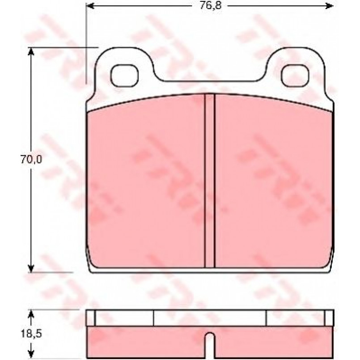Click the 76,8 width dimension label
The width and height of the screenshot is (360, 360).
(210, 5)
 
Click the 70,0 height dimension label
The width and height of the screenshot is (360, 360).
(31, 160)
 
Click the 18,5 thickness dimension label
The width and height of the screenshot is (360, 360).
(31, 334)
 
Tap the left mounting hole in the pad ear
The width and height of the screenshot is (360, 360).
(125, 76)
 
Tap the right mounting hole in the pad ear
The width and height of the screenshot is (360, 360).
(296, 76)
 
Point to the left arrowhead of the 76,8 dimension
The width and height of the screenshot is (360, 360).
(90, 6)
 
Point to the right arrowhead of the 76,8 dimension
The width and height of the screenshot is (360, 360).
(329, 6)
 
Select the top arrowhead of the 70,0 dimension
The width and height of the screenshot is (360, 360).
(31, 52)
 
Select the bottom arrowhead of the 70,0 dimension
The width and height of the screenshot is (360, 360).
(31, 268)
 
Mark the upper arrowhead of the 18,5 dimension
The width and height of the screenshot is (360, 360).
(31, 314)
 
